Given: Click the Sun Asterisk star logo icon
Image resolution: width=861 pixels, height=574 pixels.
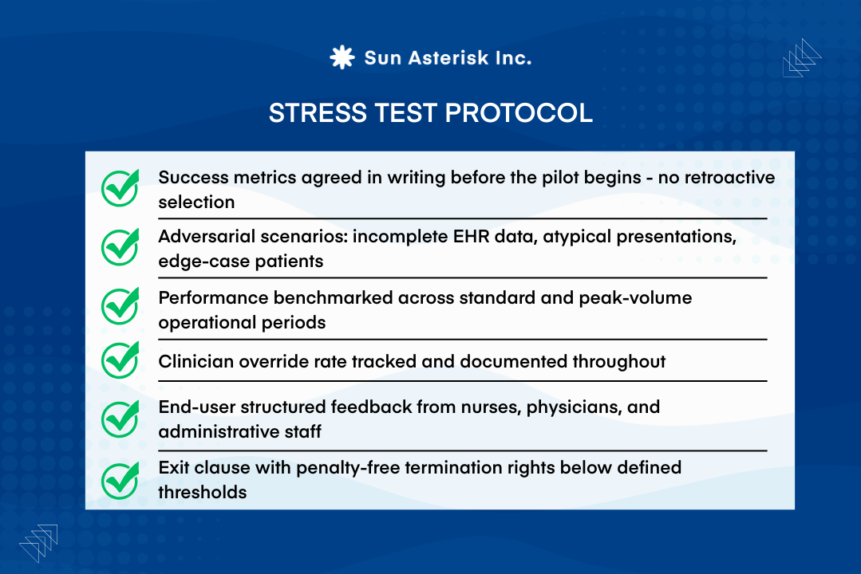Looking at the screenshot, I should (x=342, y=57).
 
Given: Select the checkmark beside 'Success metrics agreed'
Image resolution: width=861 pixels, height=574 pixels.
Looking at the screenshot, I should (x=120, y=188).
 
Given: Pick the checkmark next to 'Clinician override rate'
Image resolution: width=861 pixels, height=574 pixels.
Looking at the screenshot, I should (x=120, y=360).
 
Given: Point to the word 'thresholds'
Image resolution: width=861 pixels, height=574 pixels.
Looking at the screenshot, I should (x=202, y=492).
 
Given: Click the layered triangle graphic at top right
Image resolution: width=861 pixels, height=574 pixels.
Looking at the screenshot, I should (x=801, y=58).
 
